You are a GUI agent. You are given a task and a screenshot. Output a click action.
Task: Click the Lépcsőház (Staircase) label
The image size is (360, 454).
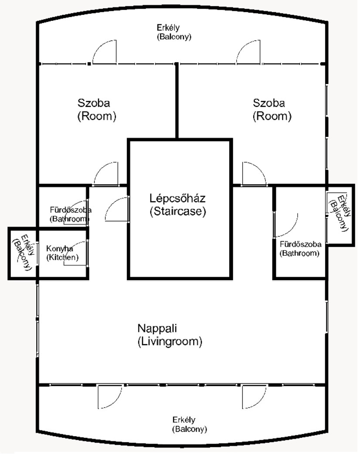[x=177, y=205]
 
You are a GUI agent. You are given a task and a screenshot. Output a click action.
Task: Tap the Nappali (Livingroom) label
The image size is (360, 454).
[x=170, y=335]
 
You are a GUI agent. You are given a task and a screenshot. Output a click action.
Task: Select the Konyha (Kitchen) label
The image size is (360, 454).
[x=62, y=253]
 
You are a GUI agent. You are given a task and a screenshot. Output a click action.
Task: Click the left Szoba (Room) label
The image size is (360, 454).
[x=97, y=109]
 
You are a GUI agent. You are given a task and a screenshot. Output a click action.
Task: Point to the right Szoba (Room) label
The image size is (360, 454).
[x=272, y=109]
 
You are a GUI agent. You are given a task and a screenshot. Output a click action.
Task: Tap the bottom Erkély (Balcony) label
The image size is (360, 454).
[x=190, y=424]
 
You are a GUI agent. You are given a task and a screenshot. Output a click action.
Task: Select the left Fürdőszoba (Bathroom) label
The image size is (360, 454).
[x=70, y=214]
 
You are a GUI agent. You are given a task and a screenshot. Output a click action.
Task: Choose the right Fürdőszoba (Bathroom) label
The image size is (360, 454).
[x=300, y=249]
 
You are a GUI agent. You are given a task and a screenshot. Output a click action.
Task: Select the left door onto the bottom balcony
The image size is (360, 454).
[x=110, y=396]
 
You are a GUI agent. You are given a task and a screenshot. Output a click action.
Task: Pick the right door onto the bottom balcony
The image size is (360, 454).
[x=254, y=396]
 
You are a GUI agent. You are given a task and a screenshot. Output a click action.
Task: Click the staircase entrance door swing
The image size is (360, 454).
[x=117, y=209]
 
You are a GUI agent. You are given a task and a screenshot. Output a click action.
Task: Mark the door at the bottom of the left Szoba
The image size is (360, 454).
[x=106, y=173]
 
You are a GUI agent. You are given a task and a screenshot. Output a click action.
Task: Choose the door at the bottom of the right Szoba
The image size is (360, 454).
[x=255, y=173]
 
